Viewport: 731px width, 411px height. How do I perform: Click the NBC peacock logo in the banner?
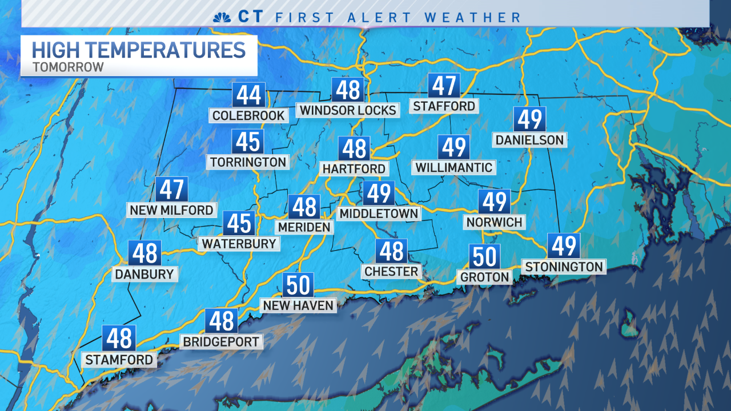(x=222, y=17)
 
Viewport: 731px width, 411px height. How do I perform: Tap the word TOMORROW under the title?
(x=68, y=67)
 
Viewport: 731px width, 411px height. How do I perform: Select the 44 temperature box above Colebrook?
(x=248, y=95)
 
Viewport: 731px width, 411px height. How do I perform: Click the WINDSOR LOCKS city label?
(x=348, y=110)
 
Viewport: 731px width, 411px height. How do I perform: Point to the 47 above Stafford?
(x=444, y=86)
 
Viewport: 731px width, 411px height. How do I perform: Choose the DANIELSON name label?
(x=529, y=140)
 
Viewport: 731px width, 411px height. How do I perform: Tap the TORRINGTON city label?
(x=248, y=162)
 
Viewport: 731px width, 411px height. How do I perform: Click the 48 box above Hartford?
(x=354, y=148)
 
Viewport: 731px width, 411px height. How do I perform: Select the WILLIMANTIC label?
(x=453, y=167)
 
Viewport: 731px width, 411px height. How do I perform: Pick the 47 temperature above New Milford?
(x=171, y=189)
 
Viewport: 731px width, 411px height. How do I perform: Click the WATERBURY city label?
(x=239, y=244)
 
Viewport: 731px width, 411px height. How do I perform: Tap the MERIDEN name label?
(x=304, y=227)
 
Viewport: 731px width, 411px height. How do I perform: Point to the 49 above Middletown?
(x=379, y=194)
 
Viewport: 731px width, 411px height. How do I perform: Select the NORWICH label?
(x=495, y=222)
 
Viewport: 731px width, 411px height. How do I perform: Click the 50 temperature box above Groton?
(x=485, y=256)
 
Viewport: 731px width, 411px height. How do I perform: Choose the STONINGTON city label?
(x=564, y=267)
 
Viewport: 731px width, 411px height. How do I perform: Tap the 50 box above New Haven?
(x=298, y=284)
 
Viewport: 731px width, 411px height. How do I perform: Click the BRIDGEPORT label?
(x=221, y=342)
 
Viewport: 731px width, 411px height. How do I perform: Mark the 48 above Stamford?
(x=119, y=339)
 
